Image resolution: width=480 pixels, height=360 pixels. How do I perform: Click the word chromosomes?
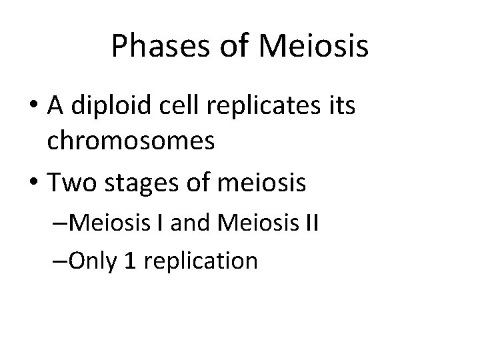pos(131,143)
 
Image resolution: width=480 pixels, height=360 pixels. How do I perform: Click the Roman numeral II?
pos(312,223)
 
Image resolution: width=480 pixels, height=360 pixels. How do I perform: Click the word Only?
pos(93,260)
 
